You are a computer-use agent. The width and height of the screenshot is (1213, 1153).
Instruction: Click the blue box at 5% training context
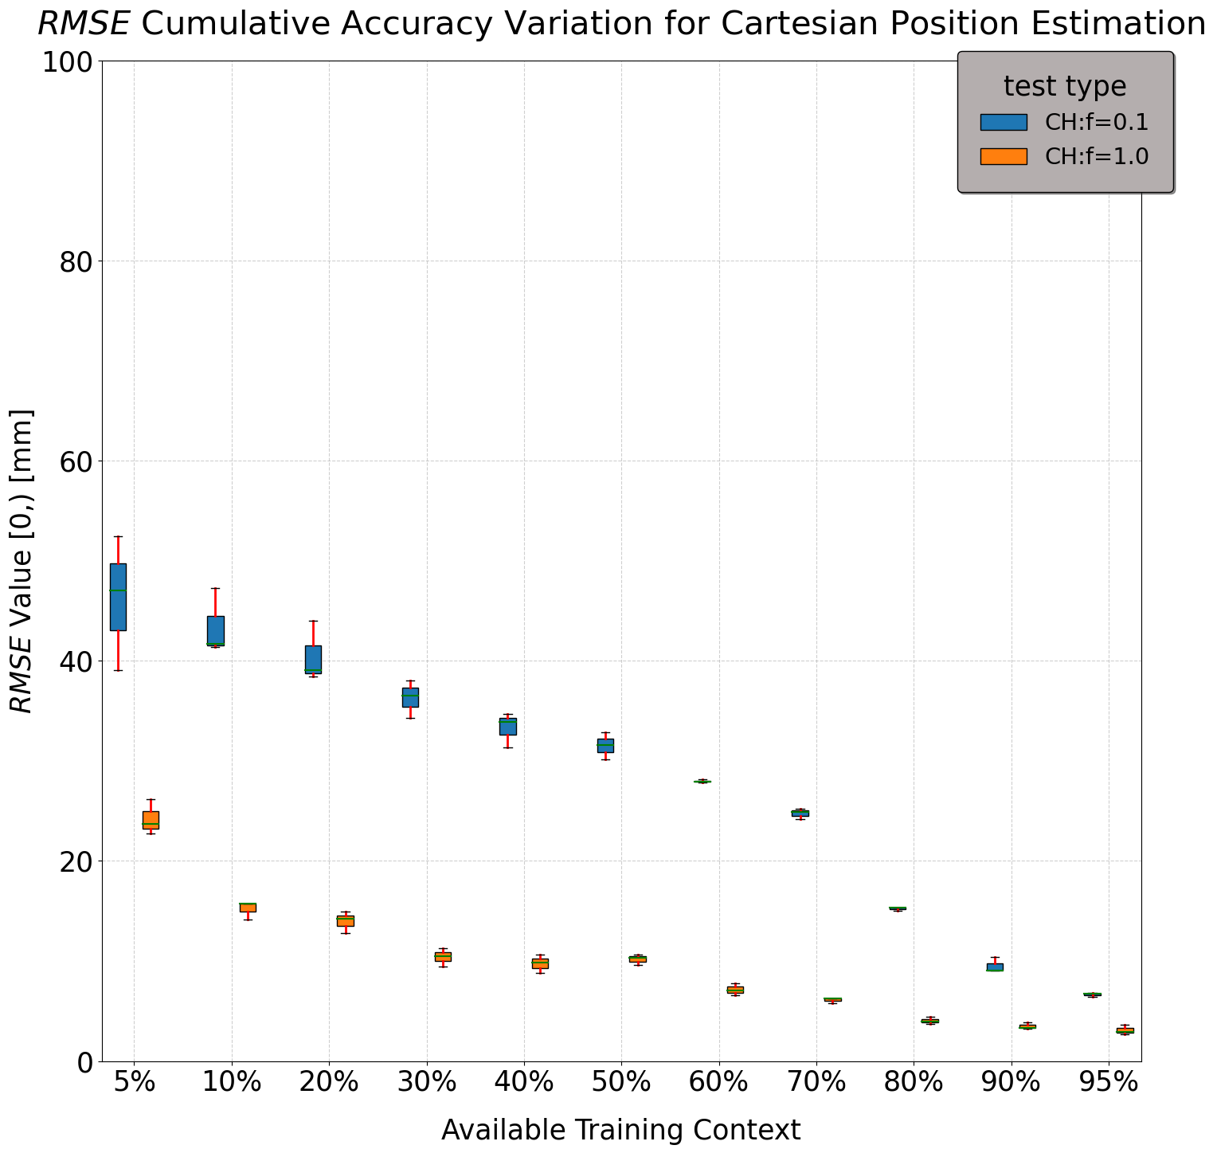pos(118,597)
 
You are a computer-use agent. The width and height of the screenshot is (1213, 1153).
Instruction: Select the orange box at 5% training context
pos(151,820)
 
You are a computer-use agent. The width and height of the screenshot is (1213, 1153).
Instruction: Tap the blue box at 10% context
pos(216,630)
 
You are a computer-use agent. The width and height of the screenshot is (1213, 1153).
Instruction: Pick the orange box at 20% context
pos(346,920)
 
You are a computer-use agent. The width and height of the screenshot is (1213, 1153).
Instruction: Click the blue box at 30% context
pos(410,697)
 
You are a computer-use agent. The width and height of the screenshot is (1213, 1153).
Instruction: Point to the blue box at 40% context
pos(508,726)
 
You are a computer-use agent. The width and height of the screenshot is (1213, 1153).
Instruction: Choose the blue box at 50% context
pos(605,745)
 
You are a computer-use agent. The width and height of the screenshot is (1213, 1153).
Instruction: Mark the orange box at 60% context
pos(735,990)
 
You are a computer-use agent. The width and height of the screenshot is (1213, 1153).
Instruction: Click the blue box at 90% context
pos(995,967)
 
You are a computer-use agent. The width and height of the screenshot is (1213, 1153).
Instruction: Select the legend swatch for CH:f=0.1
pos(1003,122)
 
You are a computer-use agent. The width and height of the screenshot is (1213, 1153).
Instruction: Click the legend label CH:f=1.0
pos(1096,156)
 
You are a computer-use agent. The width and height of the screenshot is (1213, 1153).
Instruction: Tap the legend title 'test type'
pos(1064,86)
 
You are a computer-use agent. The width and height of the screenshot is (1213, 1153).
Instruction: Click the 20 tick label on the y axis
pos(76,861)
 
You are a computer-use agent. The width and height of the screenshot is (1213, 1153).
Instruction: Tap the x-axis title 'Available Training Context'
pos(620,1130)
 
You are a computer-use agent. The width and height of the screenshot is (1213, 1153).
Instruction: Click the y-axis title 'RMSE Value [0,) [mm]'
pos(22,561)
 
